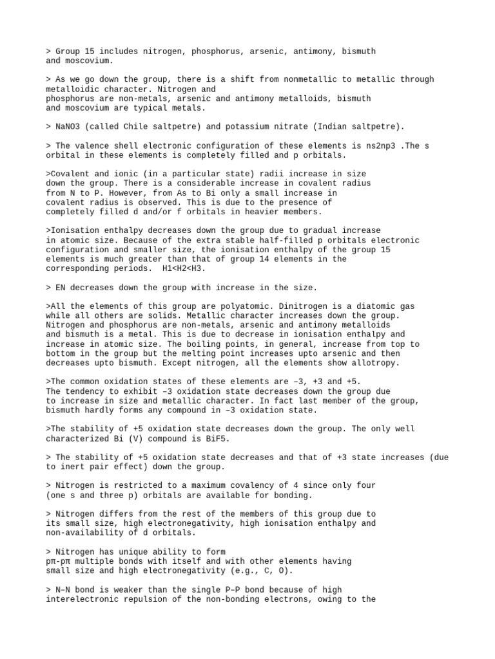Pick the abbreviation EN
(61, 287)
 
